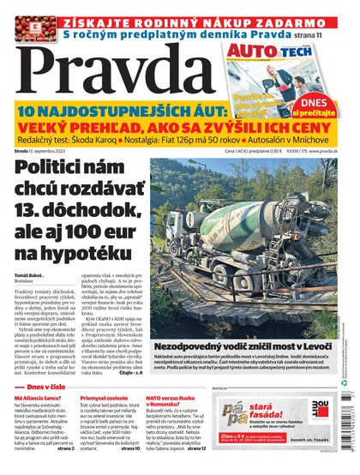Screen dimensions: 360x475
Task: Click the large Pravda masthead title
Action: coord(120,71)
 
